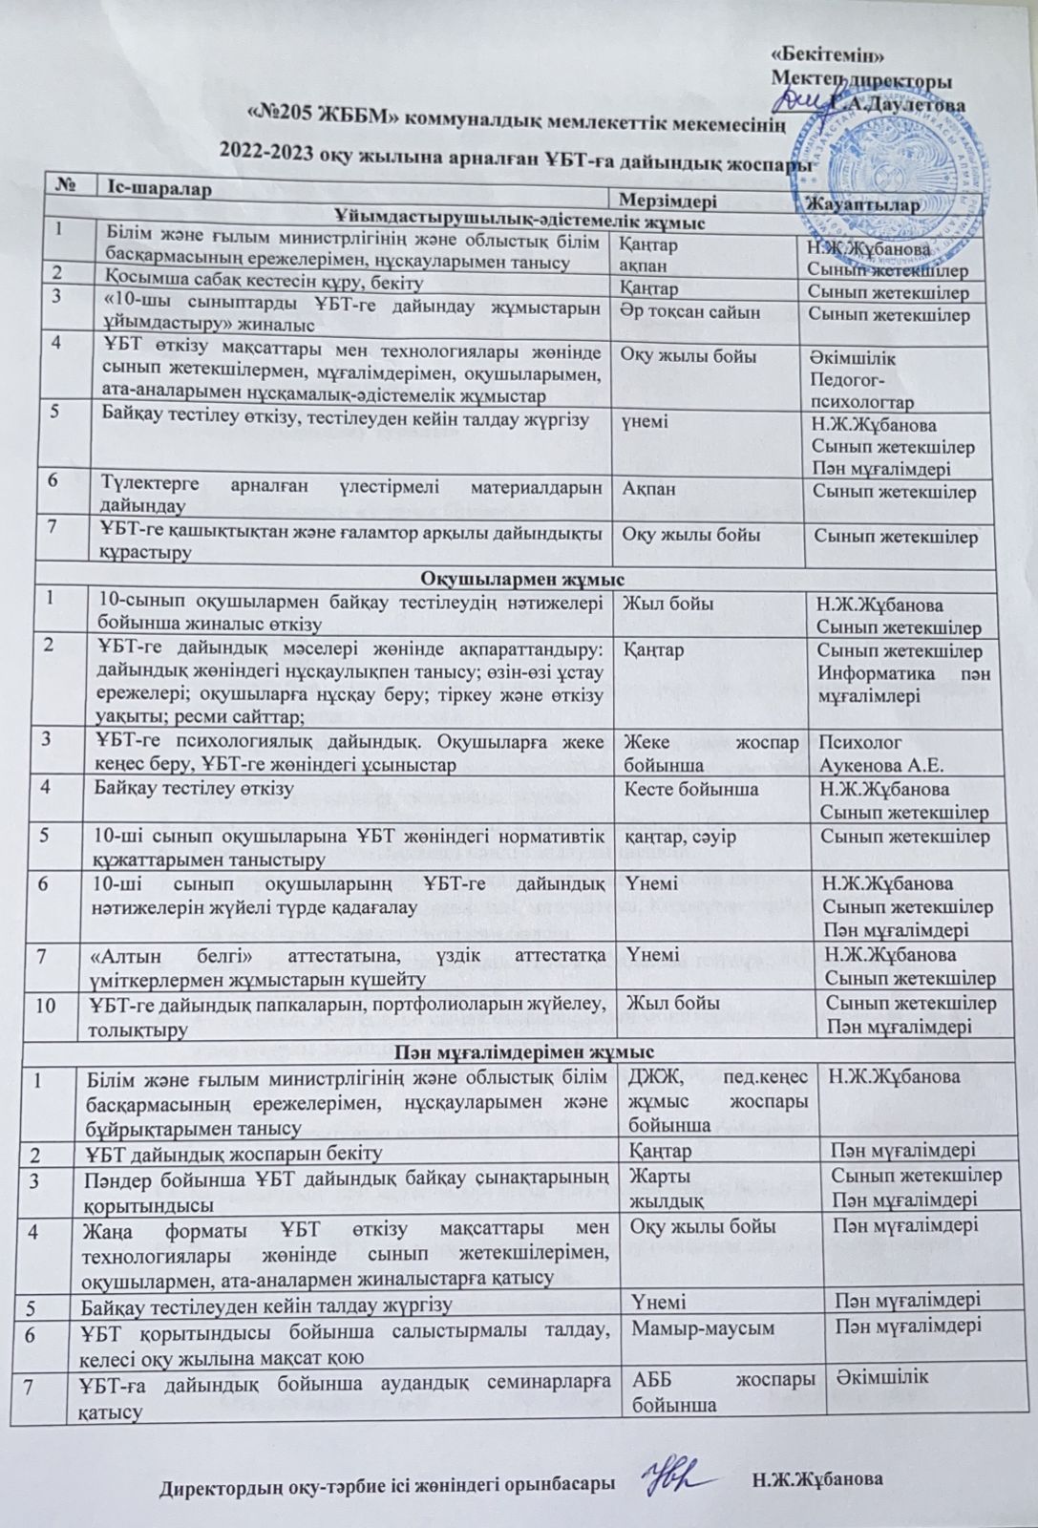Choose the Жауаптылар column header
862,205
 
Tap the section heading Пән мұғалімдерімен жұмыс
522,1054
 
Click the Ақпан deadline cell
649,489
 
